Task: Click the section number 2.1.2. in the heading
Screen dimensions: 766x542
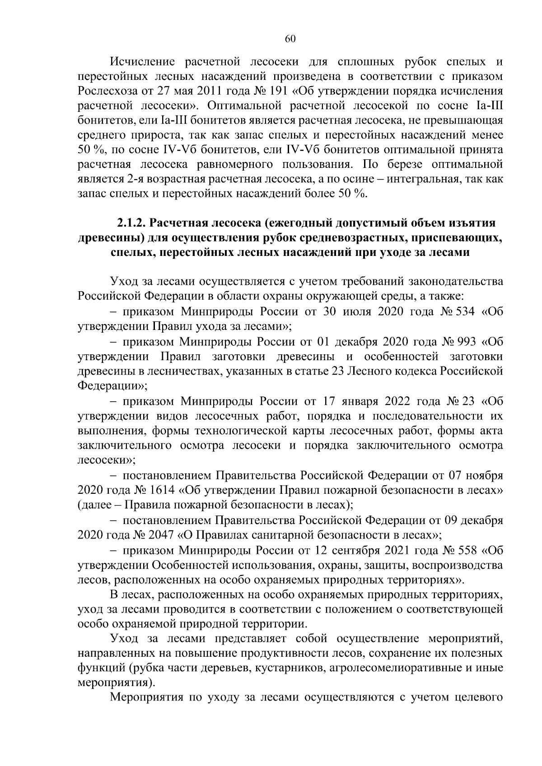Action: [x=131, y=223]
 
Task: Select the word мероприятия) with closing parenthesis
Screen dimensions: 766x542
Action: [x=115, y=683]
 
